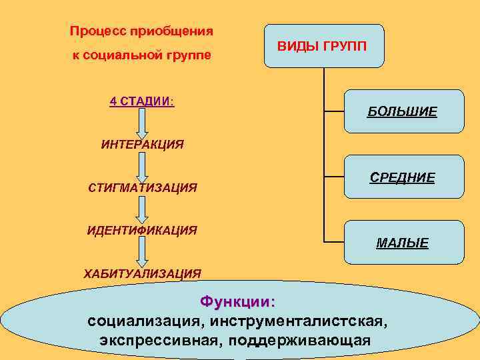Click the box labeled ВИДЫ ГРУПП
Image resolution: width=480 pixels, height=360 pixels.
coord(324,46)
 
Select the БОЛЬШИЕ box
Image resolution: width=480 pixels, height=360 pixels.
coord(403,111)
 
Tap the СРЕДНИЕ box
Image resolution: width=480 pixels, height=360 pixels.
coord(403,177)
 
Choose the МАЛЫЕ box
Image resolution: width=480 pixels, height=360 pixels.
coord(403,242)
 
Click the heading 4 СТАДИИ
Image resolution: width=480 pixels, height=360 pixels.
coord(141,101)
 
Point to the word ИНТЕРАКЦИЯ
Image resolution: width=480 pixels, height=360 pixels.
coord(142,144)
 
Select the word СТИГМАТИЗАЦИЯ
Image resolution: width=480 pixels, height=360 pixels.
coord(142,187)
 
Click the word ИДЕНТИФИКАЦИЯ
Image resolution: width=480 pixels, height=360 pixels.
coord(142,231)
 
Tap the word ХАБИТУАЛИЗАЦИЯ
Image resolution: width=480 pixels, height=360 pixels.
coord(142,273)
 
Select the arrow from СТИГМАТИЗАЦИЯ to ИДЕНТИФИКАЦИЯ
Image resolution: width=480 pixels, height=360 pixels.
coord(142,209)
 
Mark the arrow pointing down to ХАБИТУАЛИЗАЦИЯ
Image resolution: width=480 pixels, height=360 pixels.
coord(142,251)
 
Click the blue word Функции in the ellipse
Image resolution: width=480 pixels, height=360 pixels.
coord(237,301)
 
